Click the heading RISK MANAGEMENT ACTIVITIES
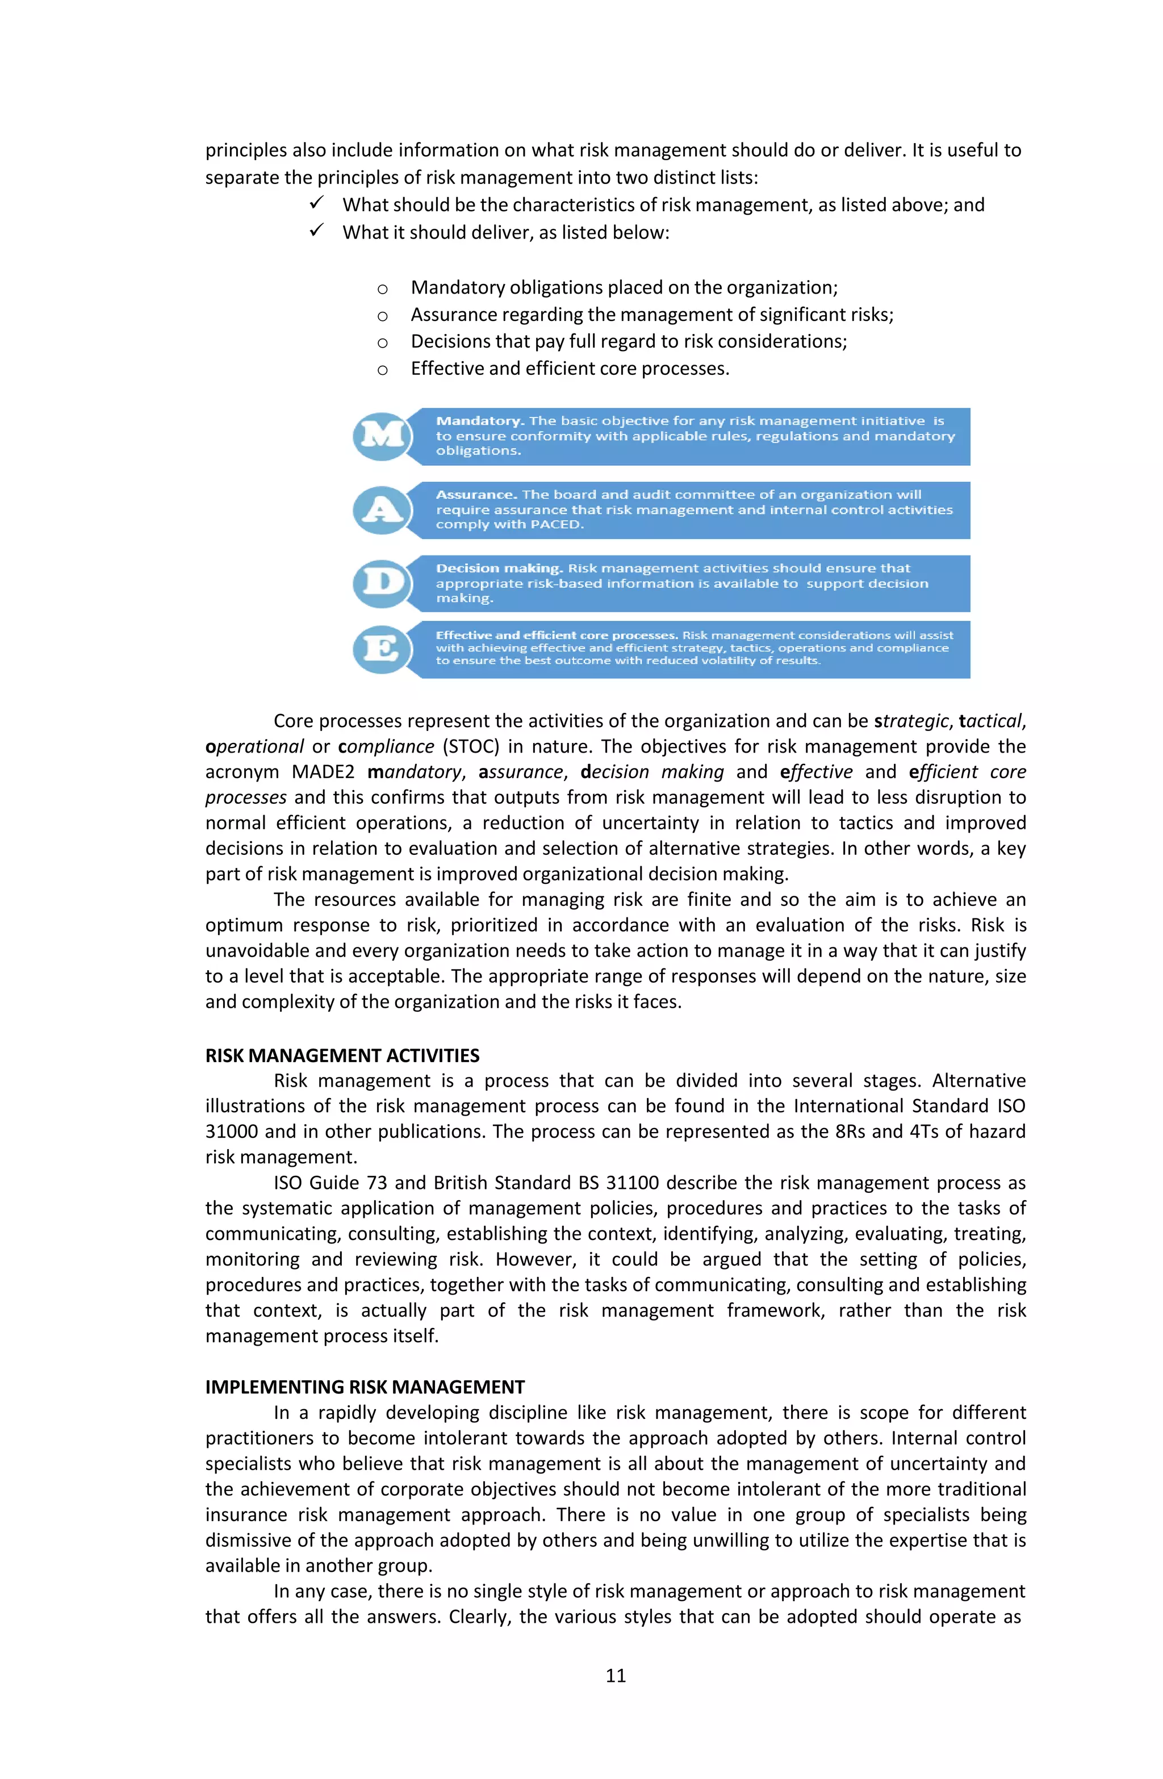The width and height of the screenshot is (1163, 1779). pyautogui.click(x=342, y=1055)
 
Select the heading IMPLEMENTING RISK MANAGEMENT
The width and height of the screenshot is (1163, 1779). pyautogui.click(x=365, y=1387)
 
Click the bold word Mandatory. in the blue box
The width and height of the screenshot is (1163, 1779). pyautogui.click(x=480, y=421)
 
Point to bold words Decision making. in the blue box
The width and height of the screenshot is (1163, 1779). pyautogui.click(x=499, y=568)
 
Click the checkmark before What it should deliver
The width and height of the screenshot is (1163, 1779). pyautogui.click(x=317, y=231)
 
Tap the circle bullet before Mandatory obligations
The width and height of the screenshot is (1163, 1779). pyautogui.click(x=382, y=289)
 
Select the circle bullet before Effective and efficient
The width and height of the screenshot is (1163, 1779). pyautogui.click(x=382, y=369)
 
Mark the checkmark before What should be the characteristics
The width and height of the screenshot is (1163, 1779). pyautogui.click(x=317, y=203)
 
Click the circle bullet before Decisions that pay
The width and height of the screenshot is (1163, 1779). pyautogui.click(x=382, y=343)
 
